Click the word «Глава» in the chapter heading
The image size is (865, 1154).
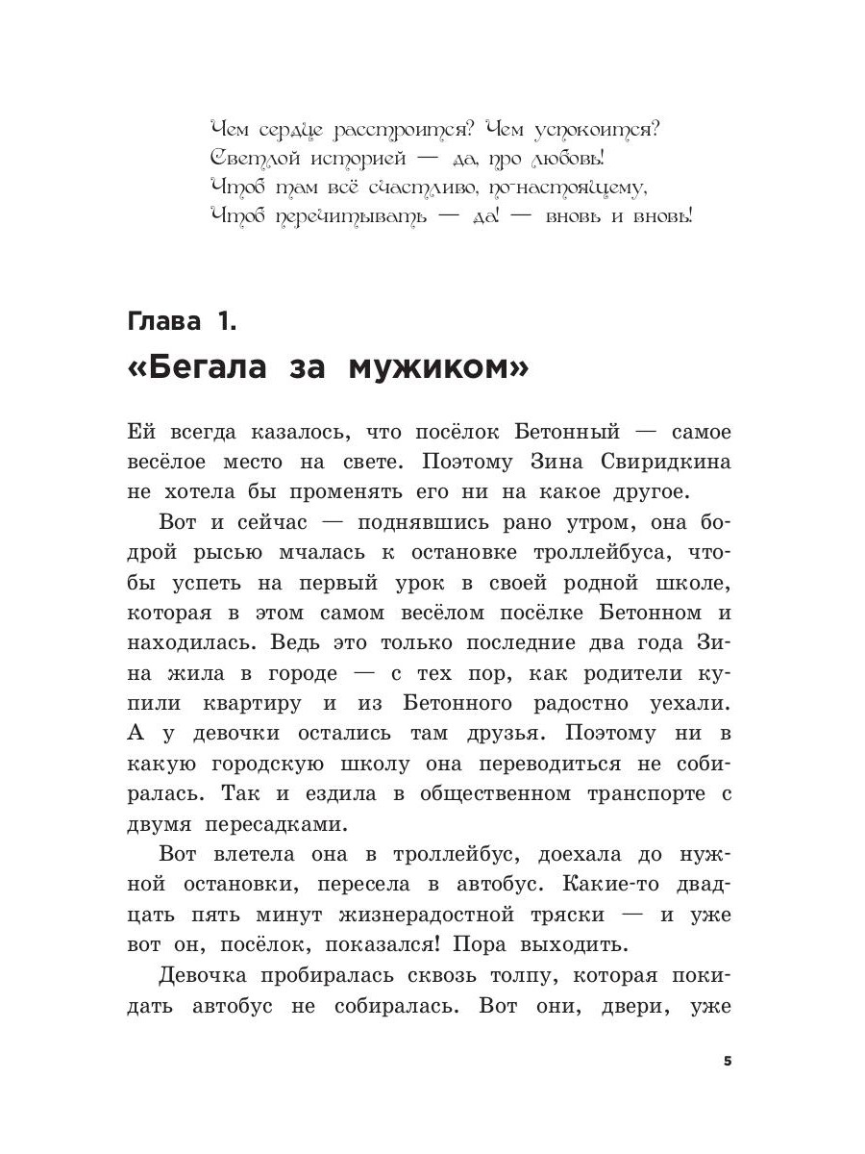point(165,320)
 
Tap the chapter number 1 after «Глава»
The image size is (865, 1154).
point(226,320)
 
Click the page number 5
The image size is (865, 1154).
point(728,1061)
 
